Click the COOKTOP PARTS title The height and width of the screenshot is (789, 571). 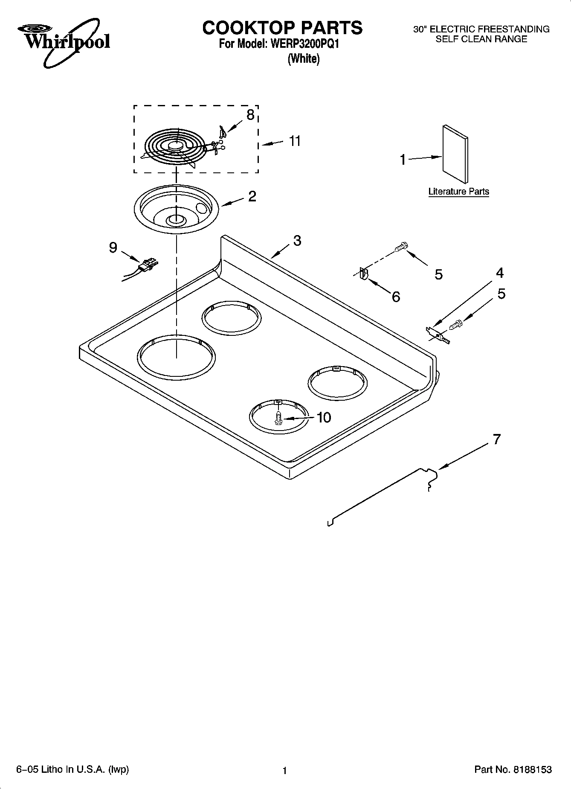click(x=282, y=28)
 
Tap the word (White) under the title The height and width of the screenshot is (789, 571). click(x=303, y=58)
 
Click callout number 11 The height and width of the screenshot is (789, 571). click(x=295, y=141)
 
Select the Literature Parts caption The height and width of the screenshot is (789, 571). click(x=458, y=192)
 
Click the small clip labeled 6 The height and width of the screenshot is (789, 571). click(x=364, y=273)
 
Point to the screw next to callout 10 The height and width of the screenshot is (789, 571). click(x=278, y=417)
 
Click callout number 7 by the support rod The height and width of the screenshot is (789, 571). click(x=496, y=439)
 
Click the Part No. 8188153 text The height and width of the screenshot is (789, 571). click(x=513, y=769)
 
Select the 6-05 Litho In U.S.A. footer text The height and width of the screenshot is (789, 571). click(x=72, y=769)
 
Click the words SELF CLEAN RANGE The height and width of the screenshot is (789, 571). click(x=481, y=39)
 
